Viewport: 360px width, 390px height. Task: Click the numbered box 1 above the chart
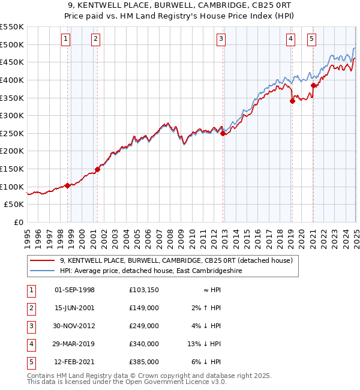coord(65,40)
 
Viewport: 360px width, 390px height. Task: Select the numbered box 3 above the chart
coord(221,40)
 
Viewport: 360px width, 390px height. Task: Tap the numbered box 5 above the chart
coord(312,40)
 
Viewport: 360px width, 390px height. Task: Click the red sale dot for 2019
coord(292,101)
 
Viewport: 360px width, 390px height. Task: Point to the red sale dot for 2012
coord(223,134)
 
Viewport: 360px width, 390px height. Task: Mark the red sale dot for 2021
coord(313,85)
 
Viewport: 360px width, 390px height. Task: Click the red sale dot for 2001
coord(97,169)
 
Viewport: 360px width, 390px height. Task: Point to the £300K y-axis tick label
coord(13,115)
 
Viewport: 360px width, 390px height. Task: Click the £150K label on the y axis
coord(13,169)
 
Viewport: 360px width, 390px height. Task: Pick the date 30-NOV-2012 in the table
coord(74,326)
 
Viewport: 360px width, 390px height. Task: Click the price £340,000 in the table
coord(144,344)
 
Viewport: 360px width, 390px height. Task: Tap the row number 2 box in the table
coord(31,308)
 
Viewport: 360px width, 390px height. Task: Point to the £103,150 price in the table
coord(144,290)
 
